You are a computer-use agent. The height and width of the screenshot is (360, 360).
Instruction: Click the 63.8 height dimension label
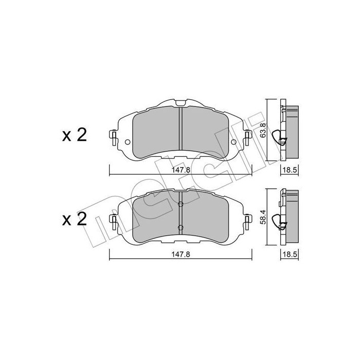pyautogui.click(x=263, y=130)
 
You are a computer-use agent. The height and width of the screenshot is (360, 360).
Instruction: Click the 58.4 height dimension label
pyautogui.click(x=263, y=217)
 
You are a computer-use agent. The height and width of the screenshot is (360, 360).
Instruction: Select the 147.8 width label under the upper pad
pyautogui.click(x=181, y=170)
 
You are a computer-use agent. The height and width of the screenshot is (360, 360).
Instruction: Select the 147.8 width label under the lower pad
pyautogui.click(x=181, y=255)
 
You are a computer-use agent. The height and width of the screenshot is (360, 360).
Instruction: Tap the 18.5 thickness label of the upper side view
pyautogui.click(x=290, y=170)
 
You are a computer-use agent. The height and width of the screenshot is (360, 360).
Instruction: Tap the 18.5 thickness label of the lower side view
pyautogui.click(x=290, y=255)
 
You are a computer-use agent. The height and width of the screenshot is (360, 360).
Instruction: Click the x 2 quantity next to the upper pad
pyautogui.click(x=75, y=135)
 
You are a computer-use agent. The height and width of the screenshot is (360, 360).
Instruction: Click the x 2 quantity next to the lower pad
pyautogui.click(x=75, y=219)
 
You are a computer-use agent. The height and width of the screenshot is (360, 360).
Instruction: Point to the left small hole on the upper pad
pyautogui.click(x=128, y=142)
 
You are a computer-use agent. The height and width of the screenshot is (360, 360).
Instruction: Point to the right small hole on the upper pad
pyautogui.click(x=233, y=142)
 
